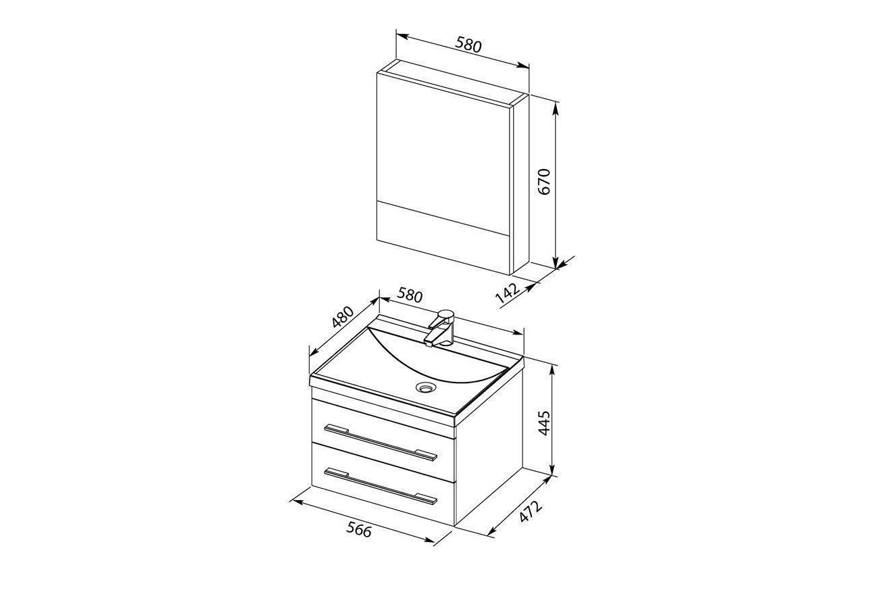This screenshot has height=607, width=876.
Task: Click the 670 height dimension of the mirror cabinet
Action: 544,182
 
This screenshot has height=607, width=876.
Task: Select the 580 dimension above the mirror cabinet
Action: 468,45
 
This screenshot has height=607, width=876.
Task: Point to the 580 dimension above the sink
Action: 410,295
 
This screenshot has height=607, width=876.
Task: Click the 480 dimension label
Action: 343,317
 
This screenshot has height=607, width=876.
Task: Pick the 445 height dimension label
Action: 544,422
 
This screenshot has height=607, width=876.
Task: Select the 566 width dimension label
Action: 359,531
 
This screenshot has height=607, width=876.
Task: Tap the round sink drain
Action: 425,387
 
